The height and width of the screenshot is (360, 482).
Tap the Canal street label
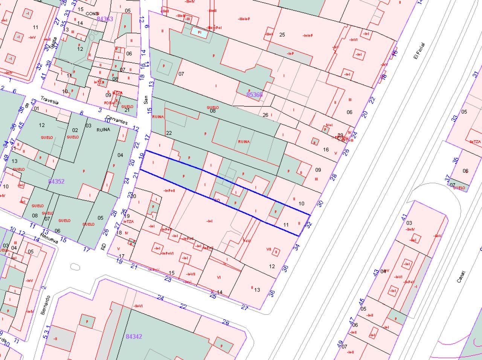coord(461,276)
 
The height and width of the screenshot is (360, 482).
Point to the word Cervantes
coord(117,120)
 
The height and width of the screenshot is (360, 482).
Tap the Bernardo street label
coord(46,305)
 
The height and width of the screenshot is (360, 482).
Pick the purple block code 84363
coord(105,18)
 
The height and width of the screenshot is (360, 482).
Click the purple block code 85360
coord(254,94)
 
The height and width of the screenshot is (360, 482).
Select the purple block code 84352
coord(56,181)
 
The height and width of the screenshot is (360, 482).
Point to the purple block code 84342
coord(134,336)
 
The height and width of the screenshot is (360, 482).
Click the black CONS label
coord(92,14)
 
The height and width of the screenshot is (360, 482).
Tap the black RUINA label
coord(103,130)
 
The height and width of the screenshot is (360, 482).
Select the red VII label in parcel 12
coord(268,249)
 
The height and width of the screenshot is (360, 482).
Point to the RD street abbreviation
coord(104,246)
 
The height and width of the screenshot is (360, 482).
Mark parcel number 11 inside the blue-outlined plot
coord(286,225)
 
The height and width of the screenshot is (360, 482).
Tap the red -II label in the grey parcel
coord(55,338)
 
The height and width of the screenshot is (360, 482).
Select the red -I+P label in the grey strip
coord(290,53)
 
